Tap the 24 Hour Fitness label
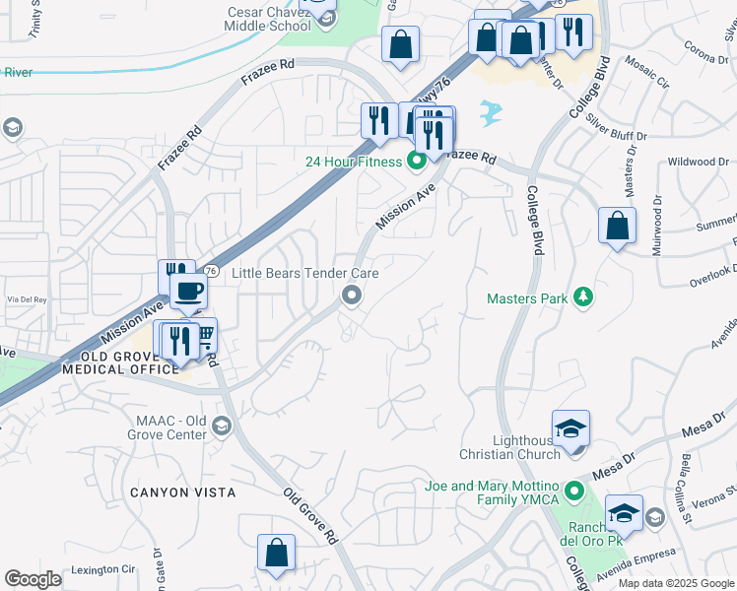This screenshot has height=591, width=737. [x=353, y=161]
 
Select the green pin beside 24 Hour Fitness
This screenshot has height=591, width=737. [x=418, y=161]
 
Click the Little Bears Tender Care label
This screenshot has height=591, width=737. [x=304, y=273]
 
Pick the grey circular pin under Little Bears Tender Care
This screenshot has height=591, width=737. [x=351, y=295]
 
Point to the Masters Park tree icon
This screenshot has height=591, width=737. [x=583, y=295]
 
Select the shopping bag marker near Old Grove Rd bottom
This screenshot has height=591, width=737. [x=276, y=554]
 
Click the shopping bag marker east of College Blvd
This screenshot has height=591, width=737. [x=617, y=227]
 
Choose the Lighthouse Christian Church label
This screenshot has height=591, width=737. [x=510, y=447]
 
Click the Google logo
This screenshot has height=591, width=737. [x=33, y=579]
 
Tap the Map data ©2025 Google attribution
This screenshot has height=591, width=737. [x=675, y=583]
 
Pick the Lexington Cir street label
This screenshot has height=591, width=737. [x=100, y=569]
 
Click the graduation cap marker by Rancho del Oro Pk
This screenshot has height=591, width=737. [x=625, y=514]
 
